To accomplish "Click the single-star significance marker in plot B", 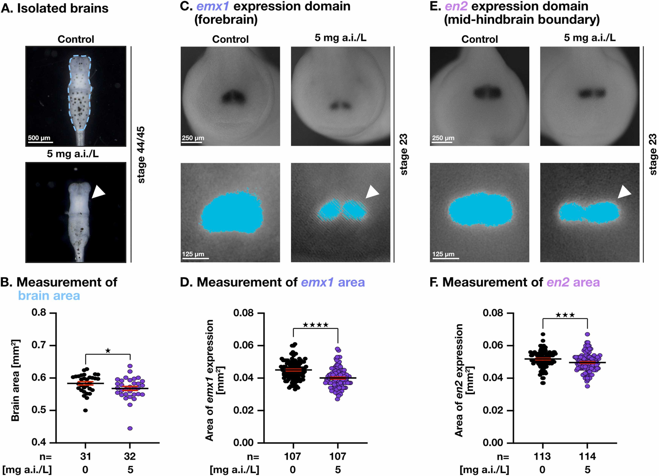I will click(x=108, y=351).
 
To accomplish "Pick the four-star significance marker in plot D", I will click(x=316, y=325).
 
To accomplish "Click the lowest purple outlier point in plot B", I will click(x=130, y=428).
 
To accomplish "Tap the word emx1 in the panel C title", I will click(x=212, y=6).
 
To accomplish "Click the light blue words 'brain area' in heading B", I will click(x=49, y=295).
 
